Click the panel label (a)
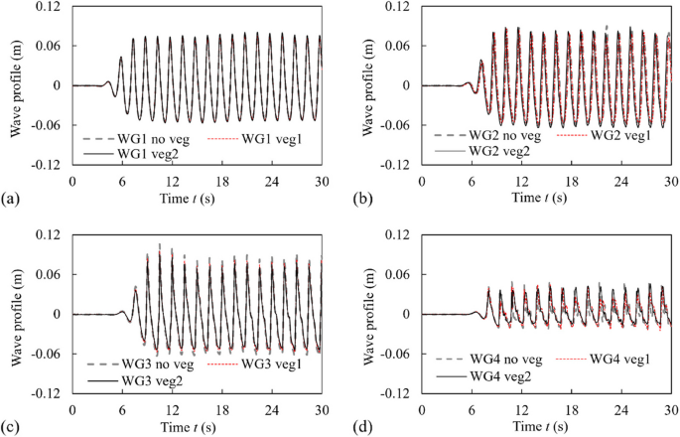tap(10, 202)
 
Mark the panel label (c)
tap(10, 429)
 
